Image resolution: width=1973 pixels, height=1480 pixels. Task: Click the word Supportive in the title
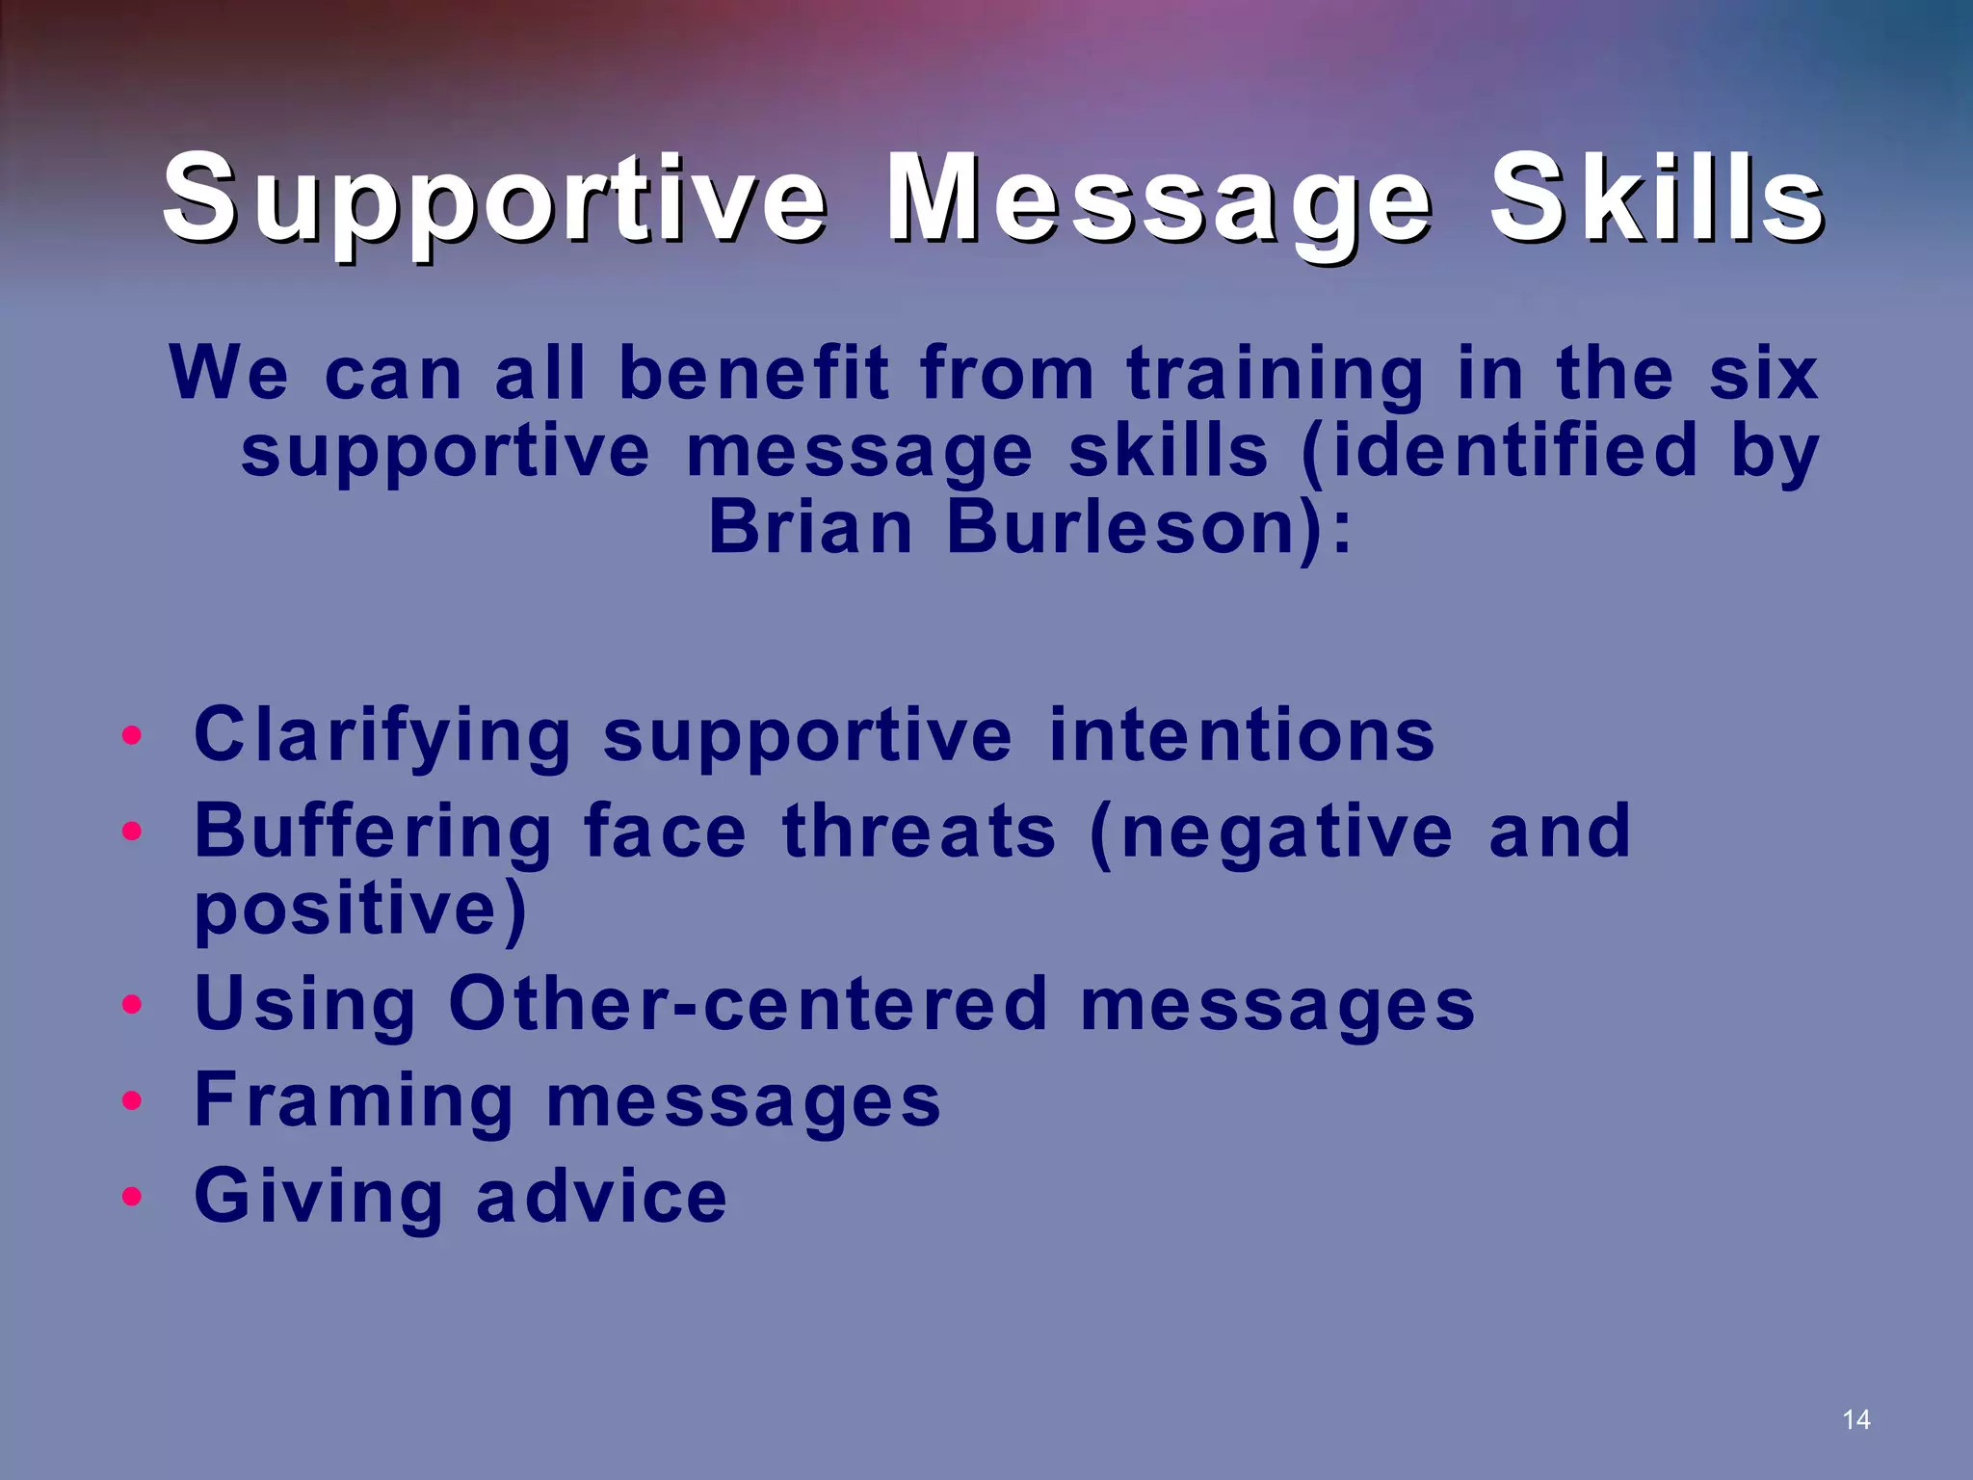pyautogui.click(x=494, y=200)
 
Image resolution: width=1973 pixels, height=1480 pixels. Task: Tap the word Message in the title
pyautogui.click(x=1159, y=200)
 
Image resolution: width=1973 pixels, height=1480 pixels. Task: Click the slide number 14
pyautogui.click(x=1855, y=1419)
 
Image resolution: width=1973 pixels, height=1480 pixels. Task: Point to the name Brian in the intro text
pyautogui.click(x=810, y=528)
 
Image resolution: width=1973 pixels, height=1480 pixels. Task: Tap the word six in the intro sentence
pyautogui.click(x=1763, y=374)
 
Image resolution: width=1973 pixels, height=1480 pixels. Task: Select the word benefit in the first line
pyautogui.click(x=753, y=374)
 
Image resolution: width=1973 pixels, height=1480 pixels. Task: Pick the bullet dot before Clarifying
pyautogui.click(x=132, y=737)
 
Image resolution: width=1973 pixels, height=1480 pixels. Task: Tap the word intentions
pyautogui.click(x=1242, y=735)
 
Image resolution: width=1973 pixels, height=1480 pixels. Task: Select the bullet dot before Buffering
pyautogui.click(x=132, y=831)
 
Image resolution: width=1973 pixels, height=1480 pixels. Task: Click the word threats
pyautogui.click(x=919, y=831)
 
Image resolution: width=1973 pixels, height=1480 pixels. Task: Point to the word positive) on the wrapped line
pyautogui.click(x=360, y=911)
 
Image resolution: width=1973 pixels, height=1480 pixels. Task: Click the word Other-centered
pyautogui.click(x=748, y=1004)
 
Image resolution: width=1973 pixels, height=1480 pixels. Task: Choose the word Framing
pyautogui.click(x=354, y=1101)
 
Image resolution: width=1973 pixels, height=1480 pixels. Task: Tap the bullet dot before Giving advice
pyautogui.click(x=132, y=1197)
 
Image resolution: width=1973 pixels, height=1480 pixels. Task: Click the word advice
pyautogui.click(x=601, y=1196)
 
